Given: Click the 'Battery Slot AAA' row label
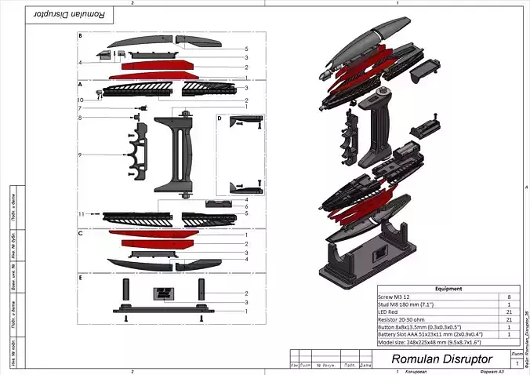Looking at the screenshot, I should click(427, 335).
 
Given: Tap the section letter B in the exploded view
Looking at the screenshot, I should click(80, 36).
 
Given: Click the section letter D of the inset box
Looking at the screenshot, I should click(220, 118).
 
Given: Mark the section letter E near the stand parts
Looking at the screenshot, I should click(80, 278).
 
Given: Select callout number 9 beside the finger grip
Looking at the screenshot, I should click(80, 155).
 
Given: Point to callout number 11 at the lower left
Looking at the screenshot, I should click(80, 213).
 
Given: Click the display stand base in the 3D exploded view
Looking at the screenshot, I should click(368, 263).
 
